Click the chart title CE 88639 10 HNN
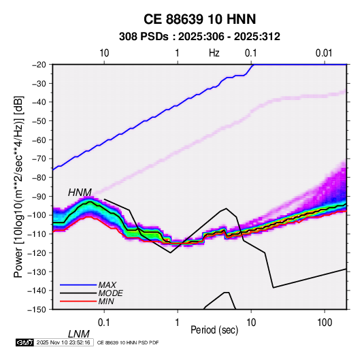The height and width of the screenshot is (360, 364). [x=199, y=19]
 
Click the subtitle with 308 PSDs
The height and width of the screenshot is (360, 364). [x=199, y=37]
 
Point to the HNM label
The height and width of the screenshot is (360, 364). [x=80, y=193]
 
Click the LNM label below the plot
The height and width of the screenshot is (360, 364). [x=79, y=334]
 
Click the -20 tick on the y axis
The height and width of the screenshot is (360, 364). [x=39, y=65]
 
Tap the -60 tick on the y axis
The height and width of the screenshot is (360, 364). [x=39, y=140]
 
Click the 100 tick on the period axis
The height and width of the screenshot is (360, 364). [x=325, y=323]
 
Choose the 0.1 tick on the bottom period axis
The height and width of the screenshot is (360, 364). [x=104, y=323]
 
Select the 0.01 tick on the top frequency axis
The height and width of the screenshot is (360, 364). [x=324, y=53]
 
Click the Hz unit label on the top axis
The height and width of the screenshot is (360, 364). [x=214, y=53]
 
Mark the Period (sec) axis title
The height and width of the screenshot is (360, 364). [x=214, y=330]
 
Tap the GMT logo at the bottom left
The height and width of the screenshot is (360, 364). [x=24, y=342]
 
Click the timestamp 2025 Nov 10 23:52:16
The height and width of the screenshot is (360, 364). [x=63, y=342]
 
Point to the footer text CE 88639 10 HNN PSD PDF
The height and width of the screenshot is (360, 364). [x=128, y=342]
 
